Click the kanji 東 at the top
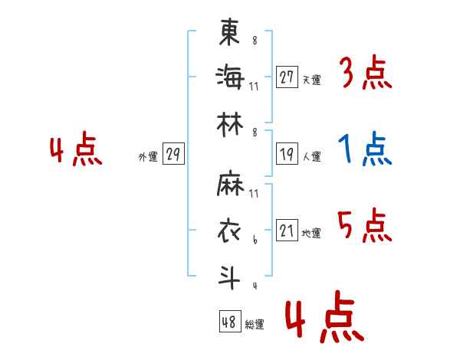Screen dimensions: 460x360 (229, 31)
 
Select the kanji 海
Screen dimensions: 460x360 (230, 77)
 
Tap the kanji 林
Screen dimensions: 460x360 (230, 125)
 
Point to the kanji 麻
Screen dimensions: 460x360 (230, 183)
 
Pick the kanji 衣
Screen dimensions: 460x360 (229, 231)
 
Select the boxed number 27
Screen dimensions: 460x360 (287, 77)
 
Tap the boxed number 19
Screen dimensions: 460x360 (287, 154)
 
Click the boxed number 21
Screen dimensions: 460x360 (287, 230)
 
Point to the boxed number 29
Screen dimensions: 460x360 (173, 154)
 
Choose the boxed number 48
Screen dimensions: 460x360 (230, 321)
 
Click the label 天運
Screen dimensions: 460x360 (312, 80)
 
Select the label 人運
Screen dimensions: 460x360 (312, 156)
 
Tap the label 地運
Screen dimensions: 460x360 (311, 233)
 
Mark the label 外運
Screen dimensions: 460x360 (148, 156)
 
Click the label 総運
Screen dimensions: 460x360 (255, 324)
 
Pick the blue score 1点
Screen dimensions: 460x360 (365, 149)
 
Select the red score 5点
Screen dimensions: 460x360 (365, 225)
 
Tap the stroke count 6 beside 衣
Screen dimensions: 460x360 (255, 240)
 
